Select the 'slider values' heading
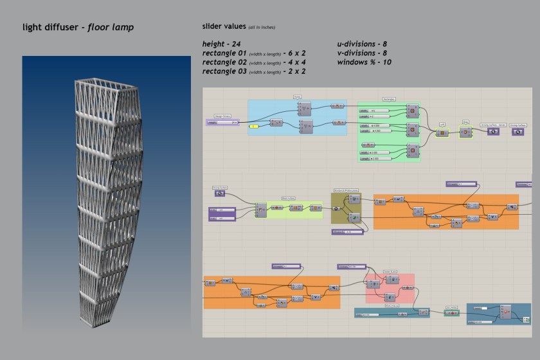(224, 27)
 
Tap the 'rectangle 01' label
(225, 53)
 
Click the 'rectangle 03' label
(225, 71)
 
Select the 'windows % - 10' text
(364, 62)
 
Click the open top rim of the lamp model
(98, 85)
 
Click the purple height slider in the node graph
(223, 121)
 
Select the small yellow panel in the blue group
(255, 126)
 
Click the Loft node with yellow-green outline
(442, 133)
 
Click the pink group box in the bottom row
(390, 288)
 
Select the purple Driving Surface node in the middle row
(220, 193)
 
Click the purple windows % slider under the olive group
(348, 231)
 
